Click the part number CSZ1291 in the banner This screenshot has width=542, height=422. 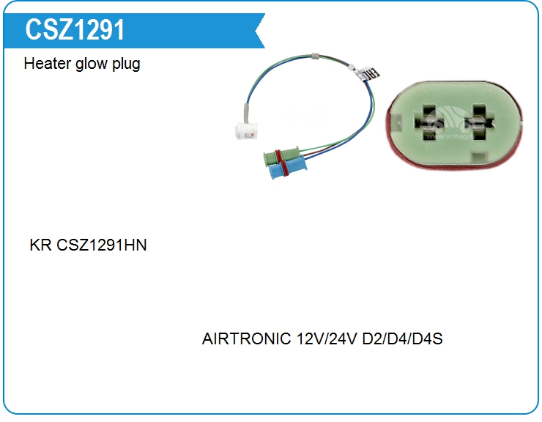point(75,30)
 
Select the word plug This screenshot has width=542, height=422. point(126,64)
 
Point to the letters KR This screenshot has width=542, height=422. point(40,245)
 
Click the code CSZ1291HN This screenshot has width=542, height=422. point(101,245)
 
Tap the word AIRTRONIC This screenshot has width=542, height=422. point(246,338)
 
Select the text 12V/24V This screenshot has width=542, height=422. point(327,338)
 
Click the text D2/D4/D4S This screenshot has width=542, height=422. point(402,338)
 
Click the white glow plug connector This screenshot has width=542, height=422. point(246,130)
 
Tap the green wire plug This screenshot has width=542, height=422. point(281,156)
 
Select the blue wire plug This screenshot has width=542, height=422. point(287,168)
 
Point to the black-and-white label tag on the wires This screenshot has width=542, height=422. point(369,74)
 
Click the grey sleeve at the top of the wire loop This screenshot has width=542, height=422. point(315,56)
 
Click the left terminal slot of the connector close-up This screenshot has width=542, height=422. point(429,123)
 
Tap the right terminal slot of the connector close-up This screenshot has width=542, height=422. point(479,123)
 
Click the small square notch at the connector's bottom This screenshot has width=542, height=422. point(480,158)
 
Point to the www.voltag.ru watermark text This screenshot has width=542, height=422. point(450,136)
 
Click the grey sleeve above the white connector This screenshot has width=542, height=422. point(246,113)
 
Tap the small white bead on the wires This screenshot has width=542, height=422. point(351,67)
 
